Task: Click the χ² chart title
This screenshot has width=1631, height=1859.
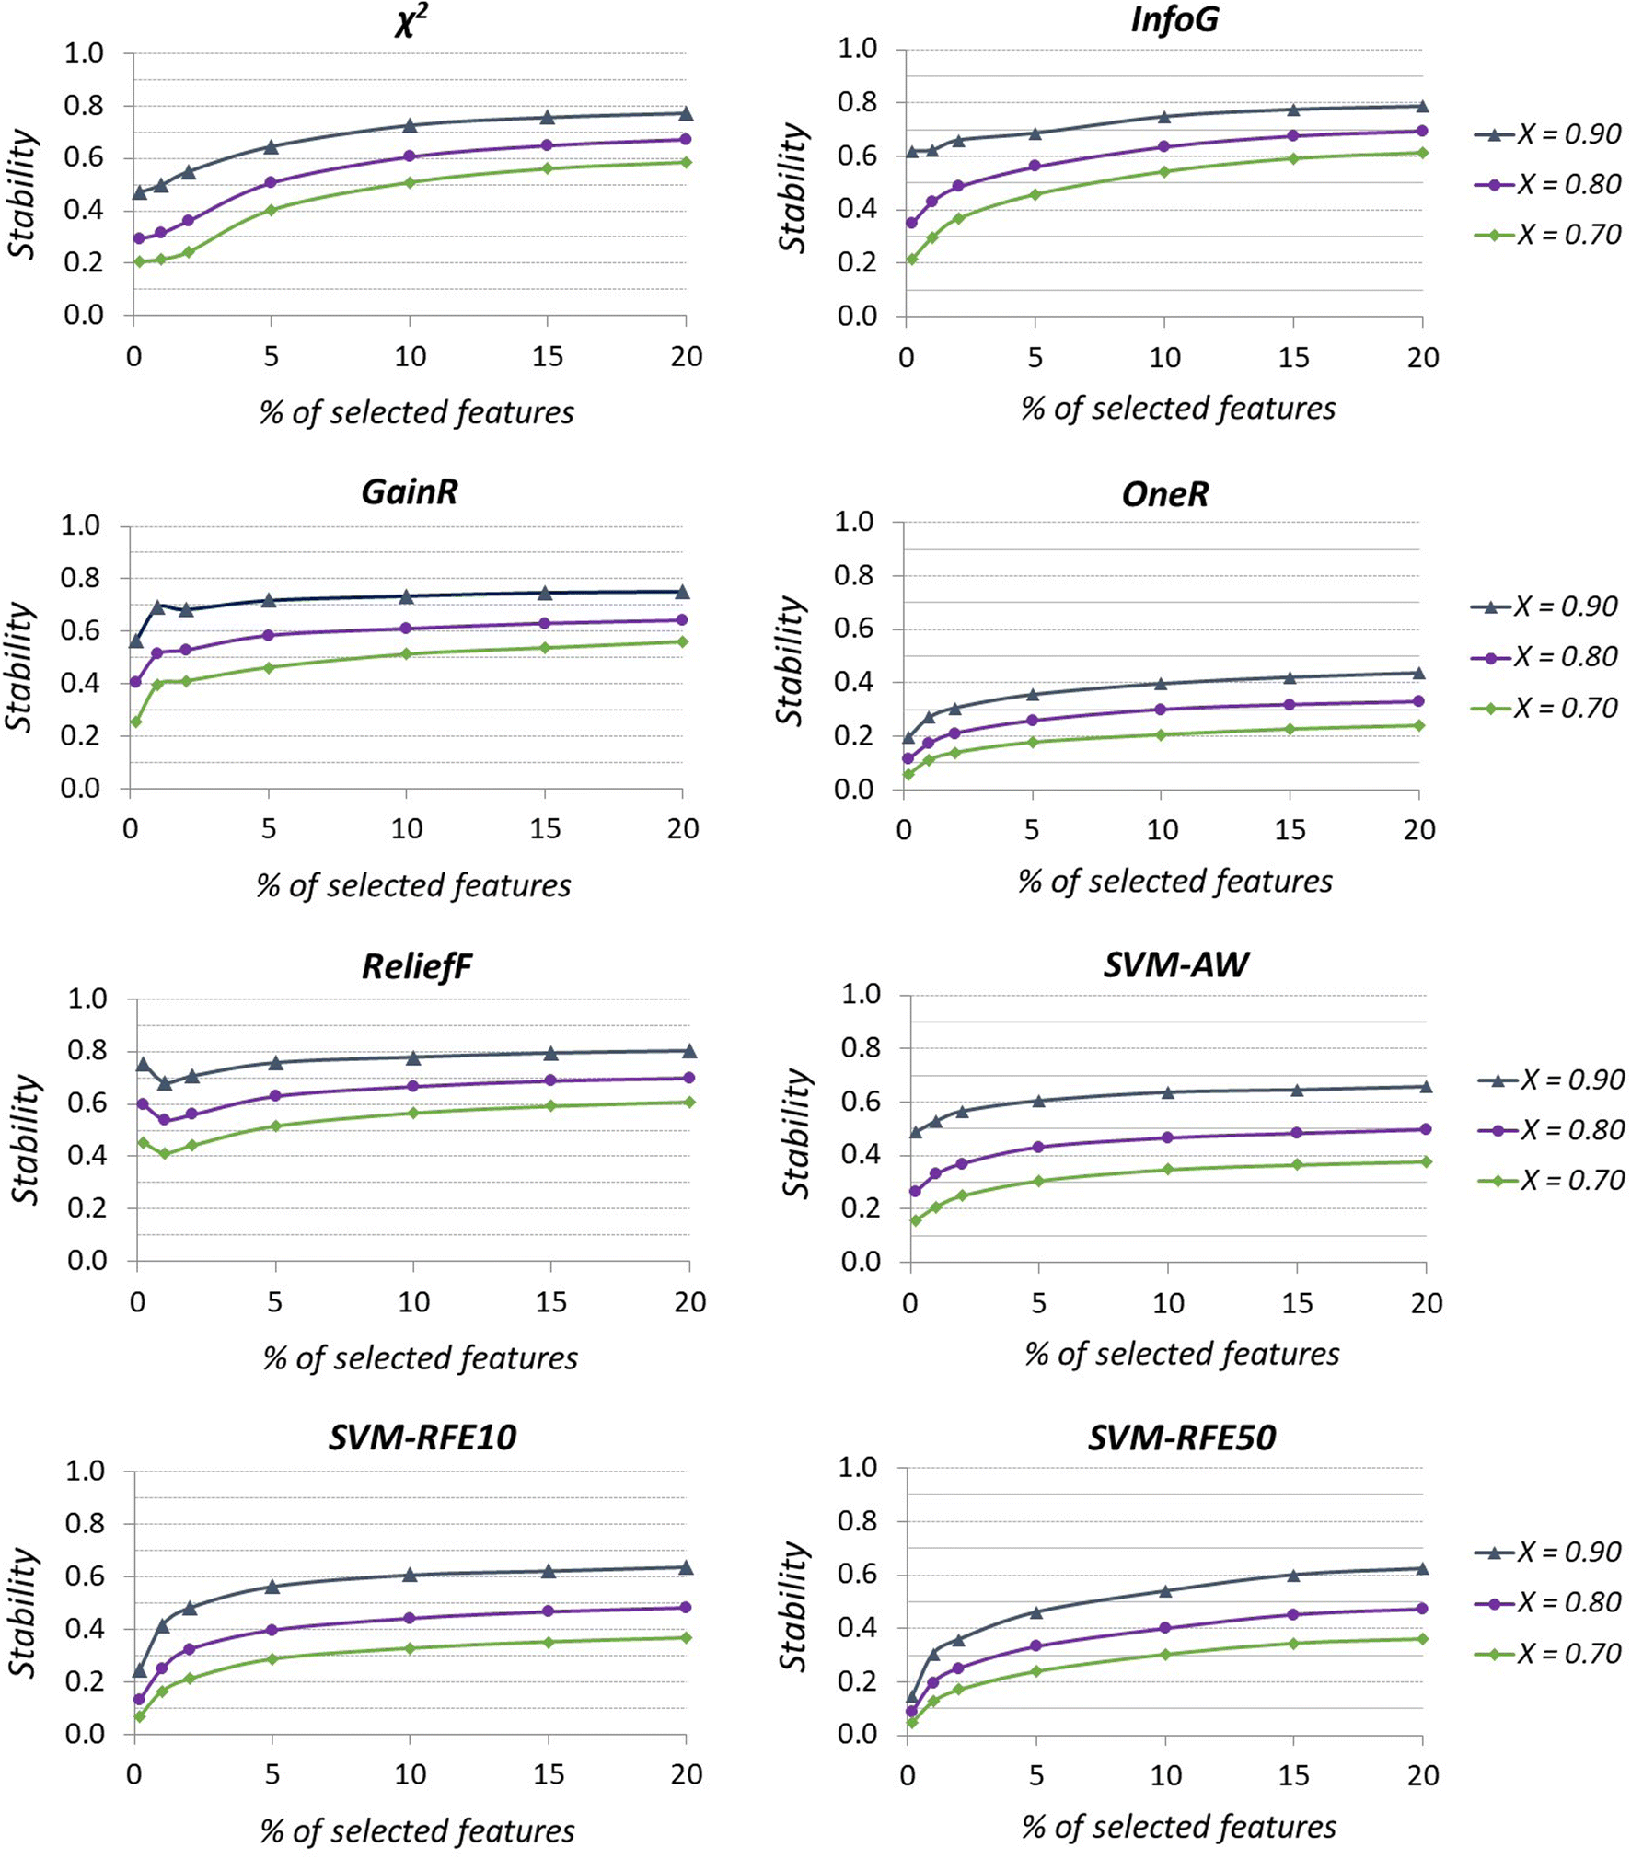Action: coord(411,20)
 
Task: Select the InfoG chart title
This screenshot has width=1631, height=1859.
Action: coord(1174,19)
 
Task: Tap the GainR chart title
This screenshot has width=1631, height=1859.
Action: coord(409,491)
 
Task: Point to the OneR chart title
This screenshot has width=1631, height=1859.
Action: coord(1164,494)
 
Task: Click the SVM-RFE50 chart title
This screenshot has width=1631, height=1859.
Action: coord(1181,1438)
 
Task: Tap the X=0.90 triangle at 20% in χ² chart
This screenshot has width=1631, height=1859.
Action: coord(686,113)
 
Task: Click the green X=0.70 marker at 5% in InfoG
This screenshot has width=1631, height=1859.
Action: coord(1035,194)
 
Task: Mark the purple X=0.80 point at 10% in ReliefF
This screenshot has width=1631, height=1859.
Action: coord(413,1086)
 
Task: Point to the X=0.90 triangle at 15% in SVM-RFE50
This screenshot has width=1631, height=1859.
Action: coord(1293,1575)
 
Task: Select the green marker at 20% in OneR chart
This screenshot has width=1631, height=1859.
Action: coord(1418,725)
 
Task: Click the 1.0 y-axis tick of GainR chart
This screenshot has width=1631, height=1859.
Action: coord(81,525)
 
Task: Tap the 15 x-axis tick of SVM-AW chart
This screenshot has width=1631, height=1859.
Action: coord(1297,1302)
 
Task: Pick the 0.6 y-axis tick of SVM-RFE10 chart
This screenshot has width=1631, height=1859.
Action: coord(85,1576)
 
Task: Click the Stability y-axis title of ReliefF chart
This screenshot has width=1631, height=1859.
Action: coord(26,1139)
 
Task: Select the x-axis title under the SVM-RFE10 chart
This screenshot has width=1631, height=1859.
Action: coord(417,1830)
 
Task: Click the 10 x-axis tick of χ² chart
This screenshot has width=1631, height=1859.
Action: coord(410,357)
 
